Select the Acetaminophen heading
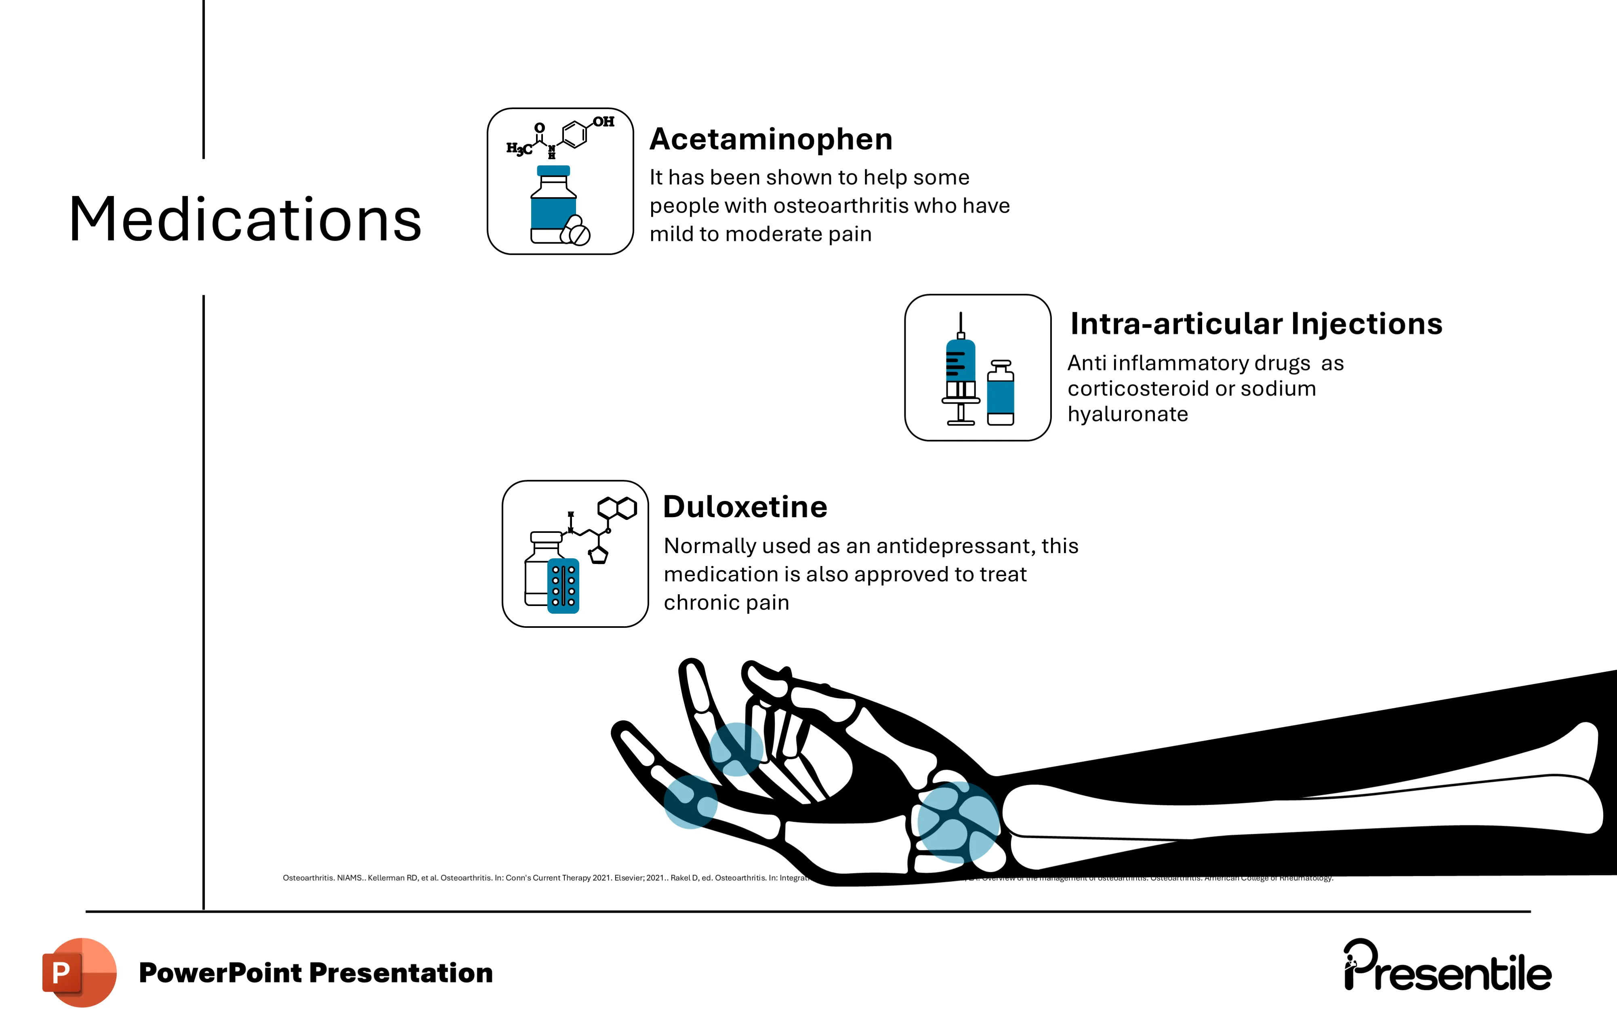pos(771,140)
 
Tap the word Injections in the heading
pos(1367,324)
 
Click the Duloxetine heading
pos(745,507)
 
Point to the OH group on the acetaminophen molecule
pos(603,122)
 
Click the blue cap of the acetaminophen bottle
pos(553,170)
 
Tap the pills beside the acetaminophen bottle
pos(576,230)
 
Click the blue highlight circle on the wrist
pos(958,821)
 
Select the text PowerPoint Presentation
pos(315,972)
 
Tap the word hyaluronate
pos(1127,415)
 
